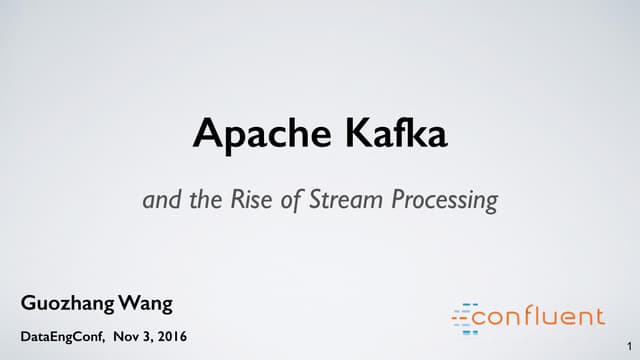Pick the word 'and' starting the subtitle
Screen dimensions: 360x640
[x=161, y=200]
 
